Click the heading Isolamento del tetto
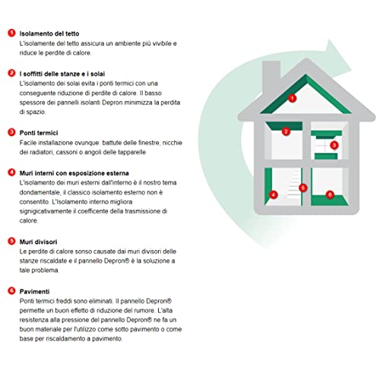(49, 33)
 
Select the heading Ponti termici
(39, 133)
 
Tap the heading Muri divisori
(38, 242)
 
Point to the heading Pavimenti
(34, 291)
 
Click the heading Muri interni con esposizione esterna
(74, 173)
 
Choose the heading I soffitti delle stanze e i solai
(62, 74)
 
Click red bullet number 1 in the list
(11, 33)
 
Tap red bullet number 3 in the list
(11, 132)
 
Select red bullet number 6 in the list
(11, 290)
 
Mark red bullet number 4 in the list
(11, 173)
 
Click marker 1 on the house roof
(292, 98)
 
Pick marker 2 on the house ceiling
(286, 131)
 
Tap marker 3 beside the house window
(334, 145)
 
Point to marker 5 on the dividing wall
(303, 188)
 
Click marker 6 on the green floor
(330, 195)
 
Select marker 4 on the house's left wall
(274, 195)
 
